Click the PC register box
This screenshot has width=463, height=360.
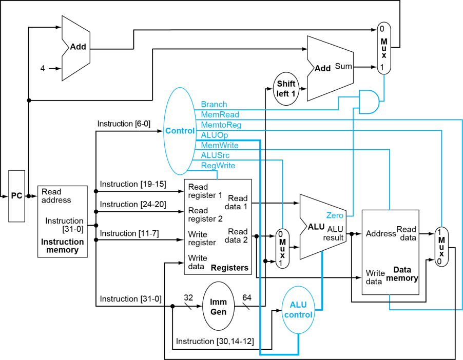(x=16, y=196)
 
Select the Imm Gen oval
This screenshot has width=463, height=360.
(x=218, y=307)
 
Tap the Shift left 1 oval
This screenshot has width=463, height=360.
(x=286, y=89)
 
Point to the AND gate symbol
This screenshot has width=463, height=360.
(x=369, y=102)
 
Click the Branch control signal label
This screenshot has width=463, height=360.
(x=214, y=104)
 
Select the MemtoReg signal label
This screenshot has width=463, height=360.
(x=221, y=125)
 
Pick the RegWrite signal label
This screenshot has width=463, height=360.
(x=218, y=166)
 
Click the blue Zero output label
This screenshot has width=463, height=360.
(x=335, y=215)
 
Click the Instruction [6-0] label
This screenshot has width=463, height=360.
(x=124, y=124)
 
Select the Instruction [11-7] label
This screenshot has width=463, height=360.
(x=129, y=233)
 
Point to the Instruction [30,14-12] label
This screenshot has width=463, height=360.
(x=215, y=341)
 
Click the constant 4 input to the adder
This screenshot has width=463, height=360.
(x=43, y=68)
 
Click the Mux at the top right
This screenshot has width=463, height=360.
(x=383, y=49)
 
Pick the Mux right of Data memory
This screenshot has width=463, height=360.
(x=441, y=246)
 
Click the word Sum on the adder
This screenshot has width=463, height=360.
(x=343, y=66)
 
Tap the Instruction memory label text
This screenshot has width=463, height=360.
(x=63, y=246)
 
